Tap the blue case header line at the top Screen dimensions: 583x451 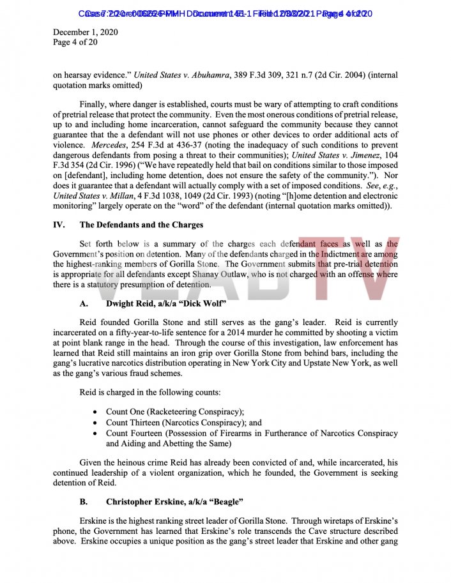pyautogui.click(x=225, y=13)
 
